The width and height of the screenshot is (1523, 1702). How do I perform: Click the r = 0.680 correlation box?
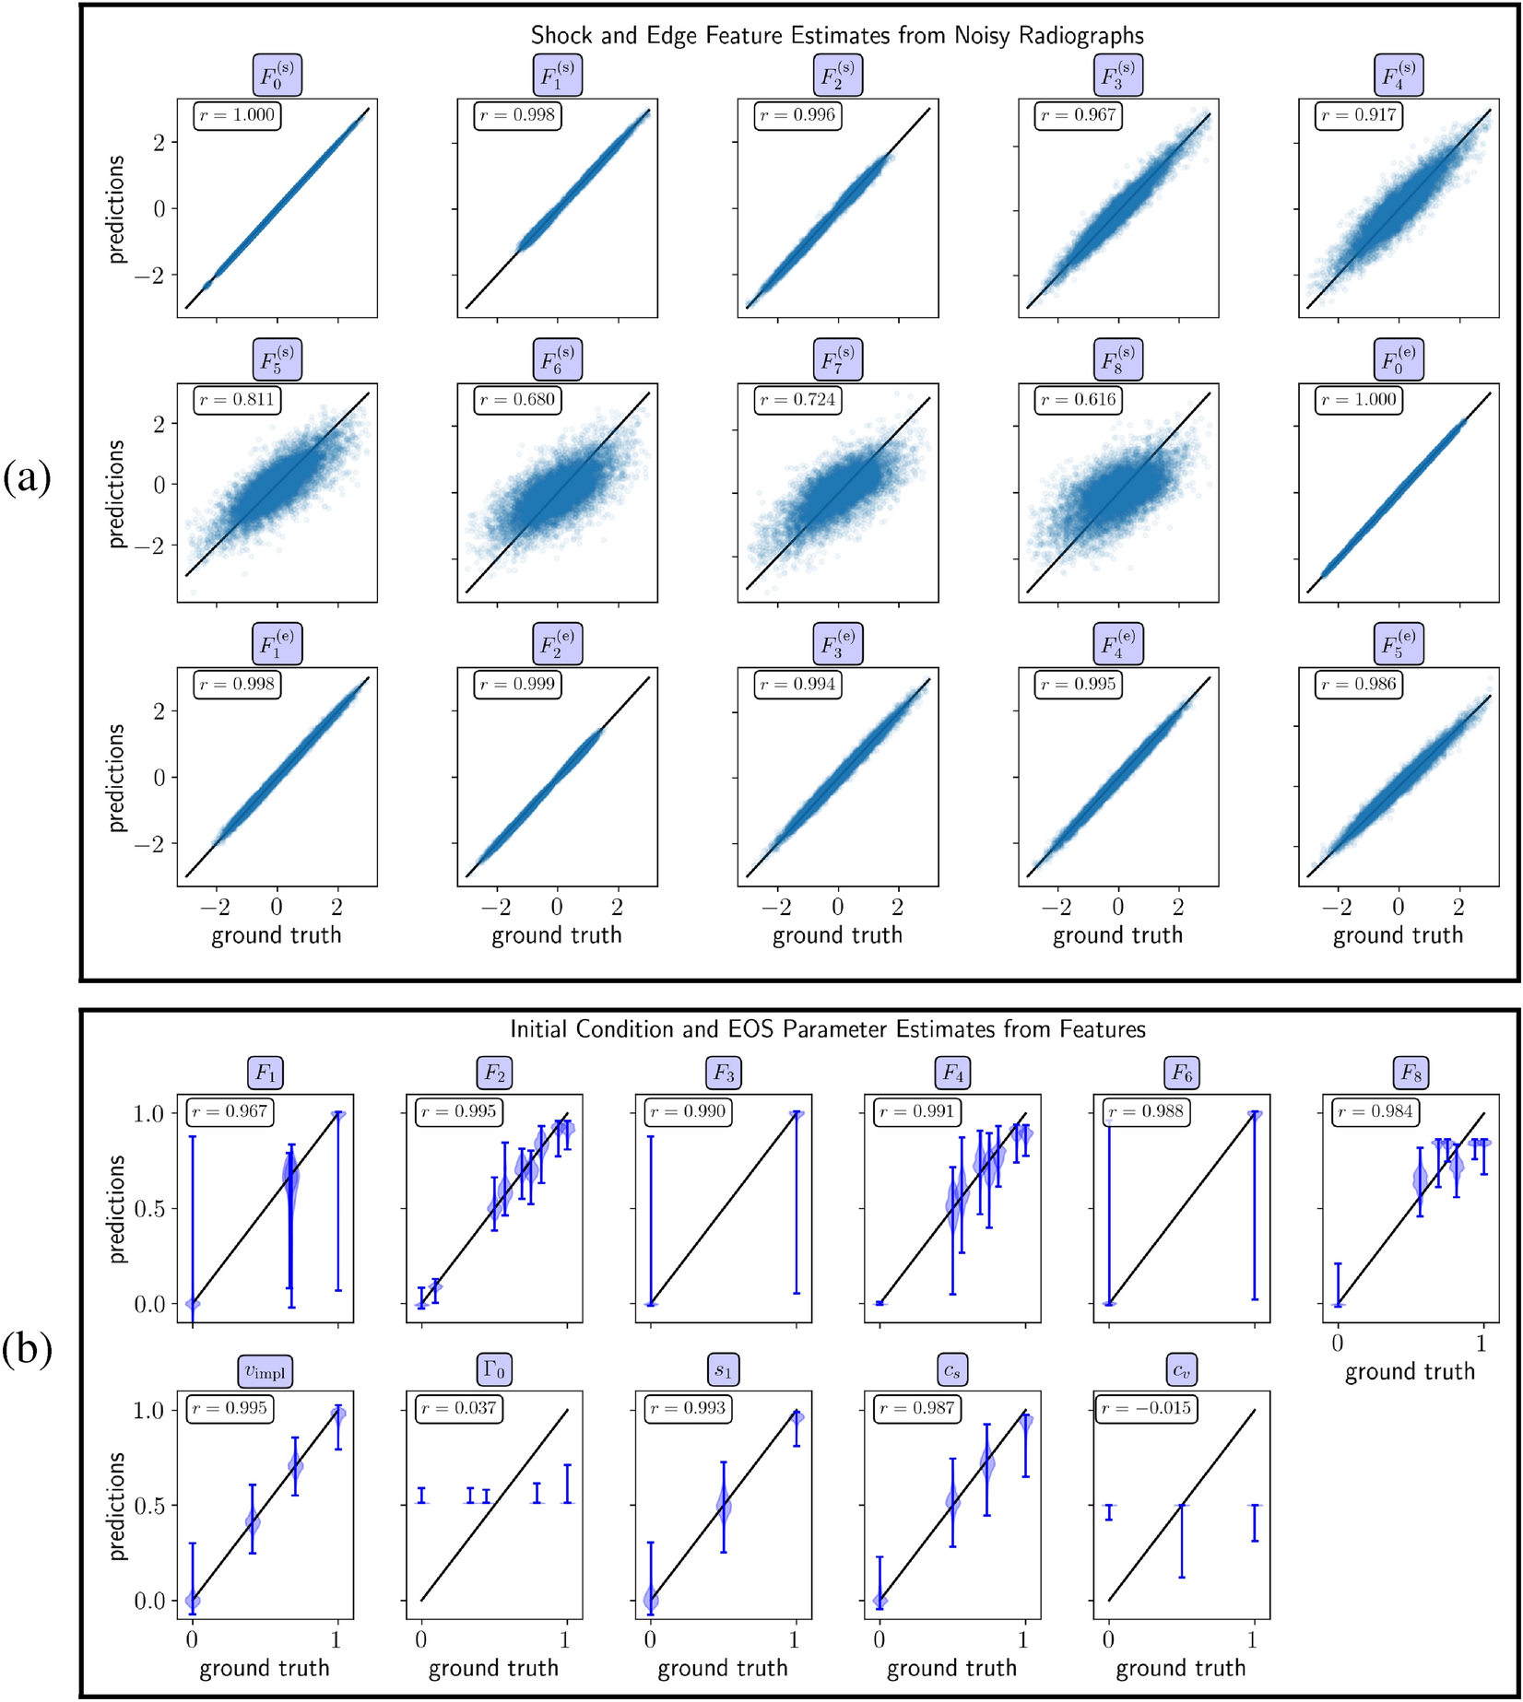pos(518,400)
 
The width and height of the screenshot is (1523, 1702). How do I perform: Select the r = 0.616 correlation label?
pos(1079,400)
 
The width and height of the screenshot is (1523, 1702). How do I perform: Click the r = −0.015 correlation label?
pos(1147,1408)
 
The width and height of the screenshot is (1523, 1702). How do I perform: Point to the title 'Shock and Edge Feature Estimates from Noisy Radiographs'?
pos(837,36)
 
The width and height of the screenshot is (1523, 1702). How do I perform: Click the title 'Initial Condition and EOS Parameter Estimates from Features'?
pos(828,1029)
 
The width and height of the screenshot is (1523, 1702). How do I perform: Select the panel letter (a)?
pos(27,478)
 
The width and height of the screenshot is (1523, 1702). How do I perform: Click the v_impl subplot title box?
pos(265,1371)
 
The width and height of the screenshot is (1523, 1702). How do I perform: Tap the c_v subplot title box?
pos(1181,1371)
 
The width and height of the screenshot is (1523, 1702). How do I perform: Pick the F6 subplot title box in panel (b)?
pos(1181,1074)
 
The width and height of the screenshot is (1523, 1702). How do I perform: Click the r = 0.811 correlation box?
pos(238,400)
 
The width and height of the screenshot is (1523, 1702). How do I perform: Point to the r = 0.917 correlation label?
pos(1359,116)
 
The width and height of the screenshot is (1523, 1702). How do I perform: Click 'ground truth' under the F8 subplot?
pos(1410,1372)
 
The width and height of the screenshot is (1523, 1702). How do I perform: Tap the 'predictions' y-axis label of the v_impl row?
pos(116,1506)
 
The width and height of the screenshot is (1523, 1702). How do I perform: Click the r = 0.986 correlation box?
pos(1359,685)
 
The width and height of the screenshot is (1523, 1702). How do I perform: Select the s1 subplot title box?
pos(723,1371)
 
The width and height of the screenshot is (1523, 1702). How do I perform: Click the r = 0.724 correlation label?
pos(798,400)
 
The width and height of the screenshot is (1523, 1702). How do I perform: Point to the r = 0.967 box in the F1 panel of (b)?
pos(230,1111)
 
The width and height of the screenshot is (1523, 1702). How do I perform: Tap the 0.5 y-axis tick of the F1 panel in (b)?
pos(151,1208)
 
